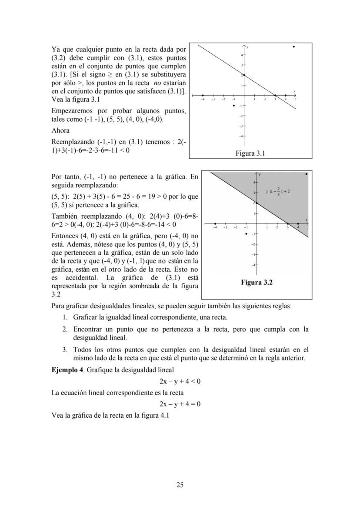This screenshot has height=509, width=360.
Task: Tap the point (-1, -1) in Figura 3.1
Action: pyautogui.click(x=234, y=106)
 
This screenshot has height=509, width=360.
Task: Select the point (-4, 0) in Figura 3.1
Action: pyautogui.click(x=203, y=95)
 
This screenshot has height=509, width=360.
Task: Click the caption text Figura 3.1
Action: pyautogui.click(x=250, y=153)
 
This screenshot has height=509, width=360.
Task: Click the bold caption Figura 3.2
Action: pyautogui.click(x=257, y=283)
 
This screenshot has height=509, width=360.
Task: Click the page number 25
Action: pyautogui.click(x=180, y=485)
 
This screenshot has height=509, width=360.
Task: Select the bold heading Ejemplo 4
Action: pyautogui.click(x=67, y=370)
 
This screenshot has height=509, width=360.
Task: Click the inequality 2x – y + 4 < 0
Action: pyautogui.click(x=180, y=382)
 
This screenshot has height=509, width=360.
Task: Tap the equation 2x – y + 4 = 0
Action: pyautogui.click(x=180, y=404)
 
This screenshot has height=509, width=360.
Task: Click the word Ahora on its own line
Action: pyautogui.click(x=60, y=130)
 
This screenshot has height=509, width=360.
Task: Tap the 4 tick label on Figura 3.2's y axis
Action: pyautogui.click(x=254, y=181)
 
